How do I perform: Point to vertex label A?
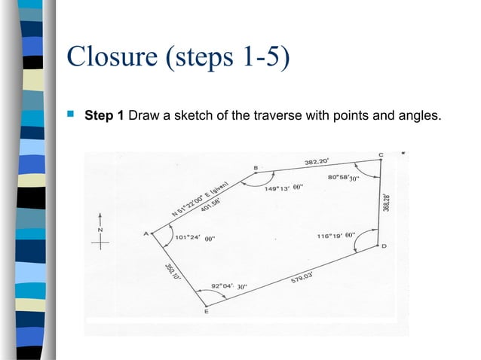(146, 233)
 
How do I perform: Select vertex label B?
(256, 167)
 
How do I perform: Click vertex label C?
(380, 155)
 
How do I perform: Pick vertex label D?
(384, 246)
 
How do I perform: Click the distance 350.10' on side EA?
(171, 272)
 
